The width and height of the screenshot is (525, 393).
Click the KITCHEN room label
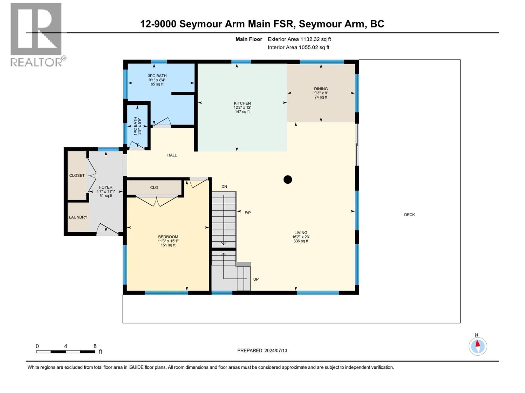click(242, 103)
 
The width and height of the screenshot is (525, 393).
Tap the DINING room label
click(321, 89)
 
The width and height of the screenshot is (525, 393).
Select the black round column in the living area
click(288, 179)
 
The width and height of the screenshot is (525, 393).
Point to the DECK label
click(409, 215)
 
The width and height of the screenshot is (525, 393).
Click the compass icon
click(478, 346)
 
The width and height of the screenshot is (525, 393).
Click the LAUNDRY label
click(78, 217)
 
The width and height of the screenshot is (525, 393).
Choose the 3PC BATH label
click(157, 76)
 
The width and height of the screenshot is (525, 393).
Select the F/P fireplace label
click(248, 213)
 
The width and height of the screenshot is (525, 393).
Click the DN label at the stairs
click(224, 187)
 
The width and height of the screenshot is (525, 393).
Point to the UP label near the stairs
click(256, 279)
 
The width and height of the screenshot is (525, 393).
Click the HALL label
click(172, 155)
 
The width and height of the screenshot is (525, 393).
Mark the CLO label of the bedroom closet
click(154, 188)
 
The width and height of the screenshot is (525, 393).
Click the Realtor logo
click(36, 34)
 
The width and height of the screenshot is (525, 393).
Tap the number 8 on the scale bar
click(95, 346)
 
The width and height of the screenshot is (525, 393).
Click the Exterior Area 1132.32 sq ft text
click(299, 39)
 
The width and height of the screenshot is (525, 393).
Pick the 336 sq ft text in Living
click(301, 241)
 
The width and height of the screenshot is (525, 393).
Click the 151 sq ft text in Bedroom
click(168, 245)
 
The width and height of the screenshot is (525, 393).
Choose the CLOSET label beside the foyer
click(77, 176)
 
